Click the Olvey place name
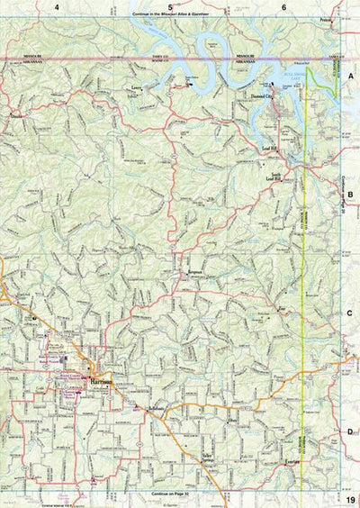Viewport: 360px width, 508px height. click(236, 420)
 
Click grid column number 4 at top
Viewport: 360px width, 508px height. click(56, 7)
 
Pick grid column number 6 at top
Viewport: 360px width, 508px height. click(284, 7)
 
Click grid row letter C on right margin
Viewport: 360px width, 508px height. click(352, 313)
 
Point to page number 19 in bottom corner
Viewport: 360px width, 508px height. click(349, 498)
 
